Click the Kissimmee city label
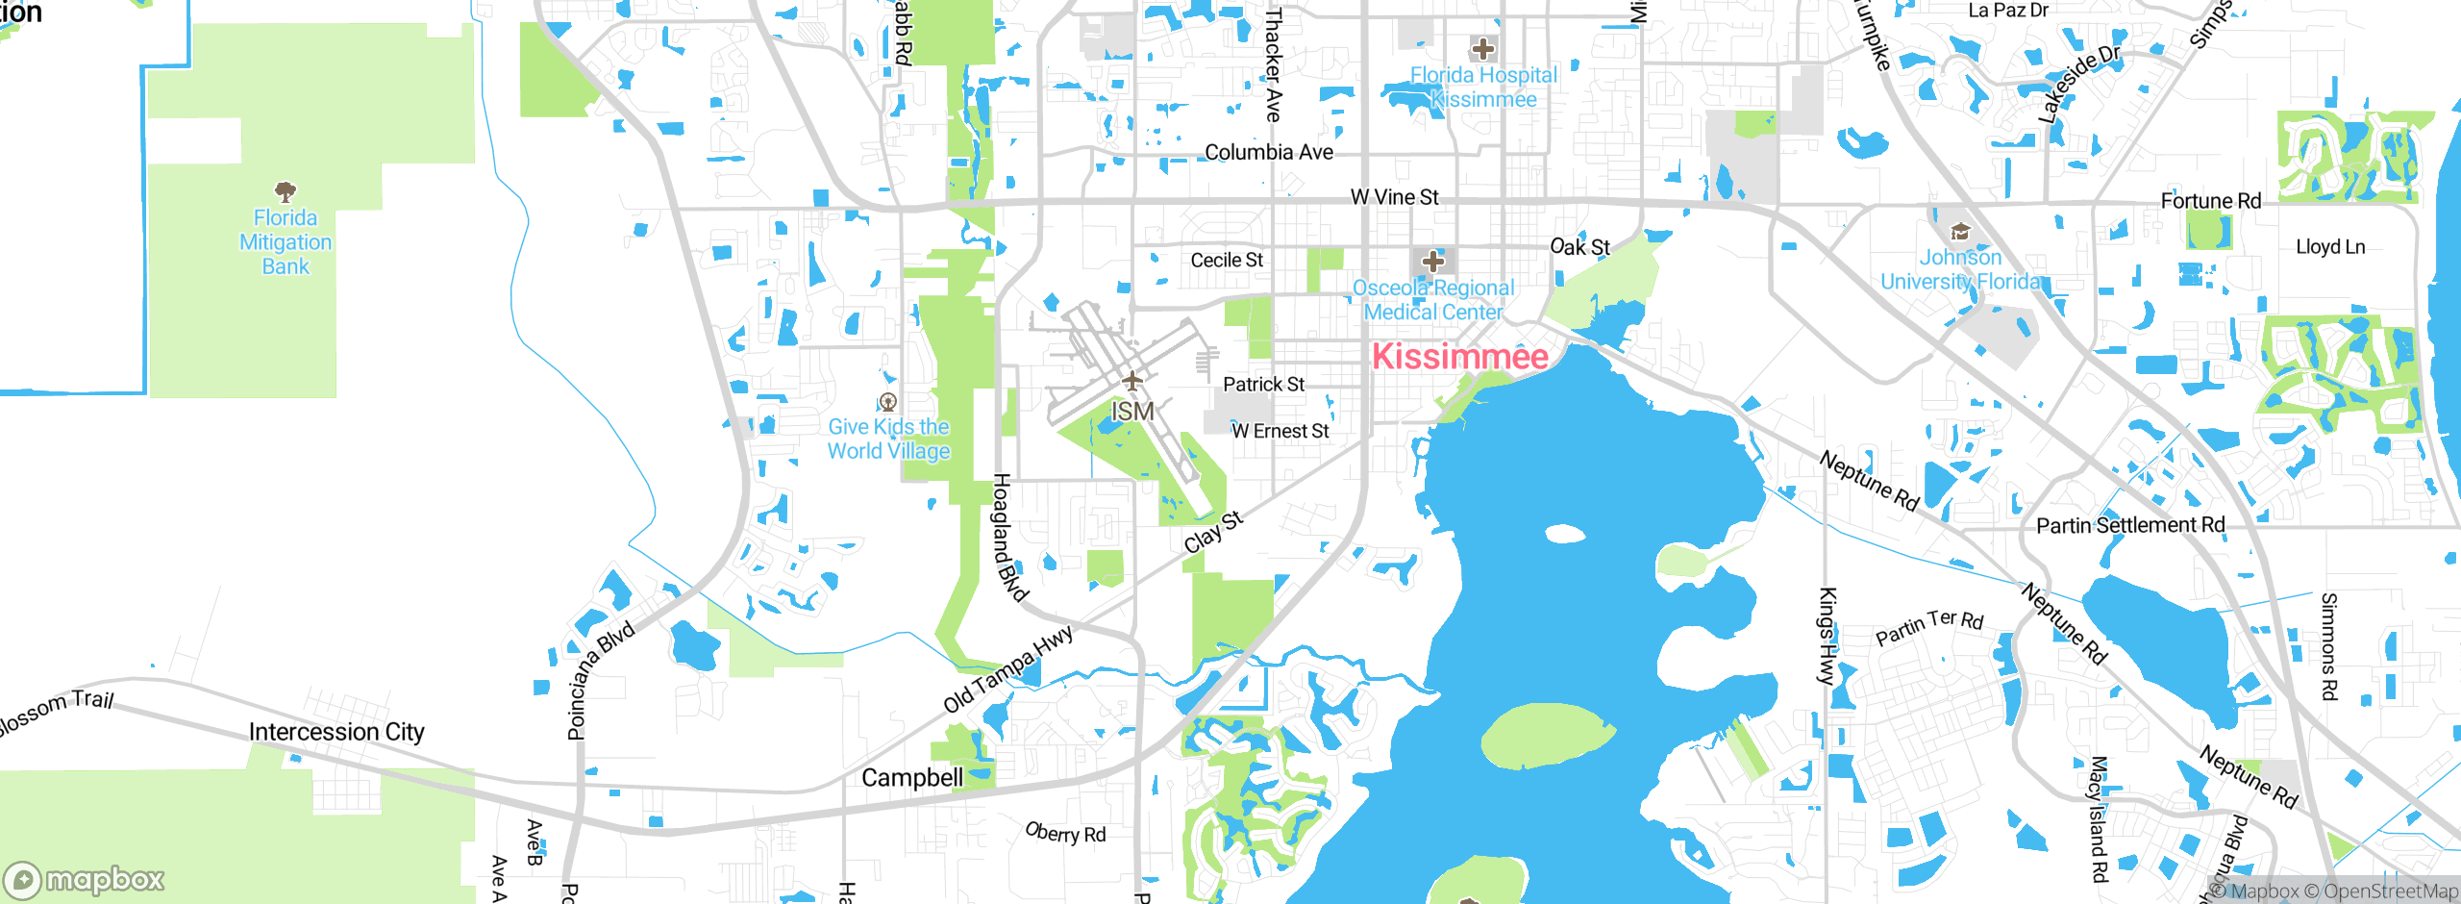click(x=1459, y=357)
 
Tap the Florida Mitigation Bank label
click(x=286, y=242)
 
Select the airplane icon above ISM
click(x=1132, y=381)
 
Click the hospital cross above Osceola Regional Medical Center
click(x=1432, y=261)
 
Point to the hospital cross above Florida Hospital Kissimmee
click(x=1482, y=48)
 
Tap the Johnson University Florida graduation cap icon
click(x=1959, y=232)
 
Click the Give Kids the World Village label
click(x=888, y=439)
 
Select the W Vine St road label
click(x=1394, y=197)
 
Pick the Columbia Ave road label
click(x=1268, y=152)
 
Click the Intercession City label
click(x=336, y=732)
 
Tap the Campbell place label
click(x=911, y=777)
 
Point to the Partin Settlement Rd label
click(x=2130, y=525)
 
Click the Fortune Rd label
click(x=2210, y=201)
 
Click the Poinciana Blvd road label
click(x=599, y=680)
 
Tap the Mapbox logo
click(x=85, y=879)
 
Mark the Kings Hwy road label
click(x=1827, y=636)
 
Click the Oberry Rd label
click(x=1065, y=833)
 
